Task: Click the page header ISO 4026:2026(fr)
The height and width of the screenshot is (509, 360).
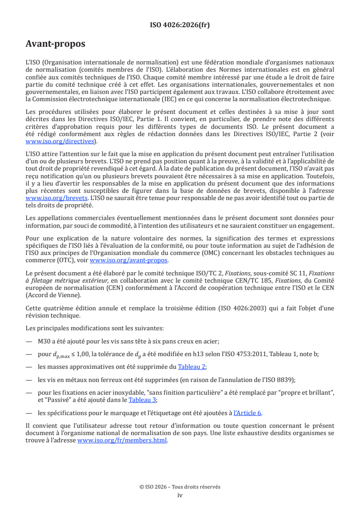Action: click(x=180, y=25)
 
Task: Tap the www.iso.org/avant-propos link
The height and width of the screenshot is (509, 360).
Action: click(x=128, y=260)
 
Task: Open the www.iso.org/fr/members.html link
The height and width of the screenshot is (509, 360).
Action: click(x=122, y=440)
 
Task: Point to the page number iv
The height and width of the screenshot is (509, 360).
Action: click(x=180, y=495)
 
